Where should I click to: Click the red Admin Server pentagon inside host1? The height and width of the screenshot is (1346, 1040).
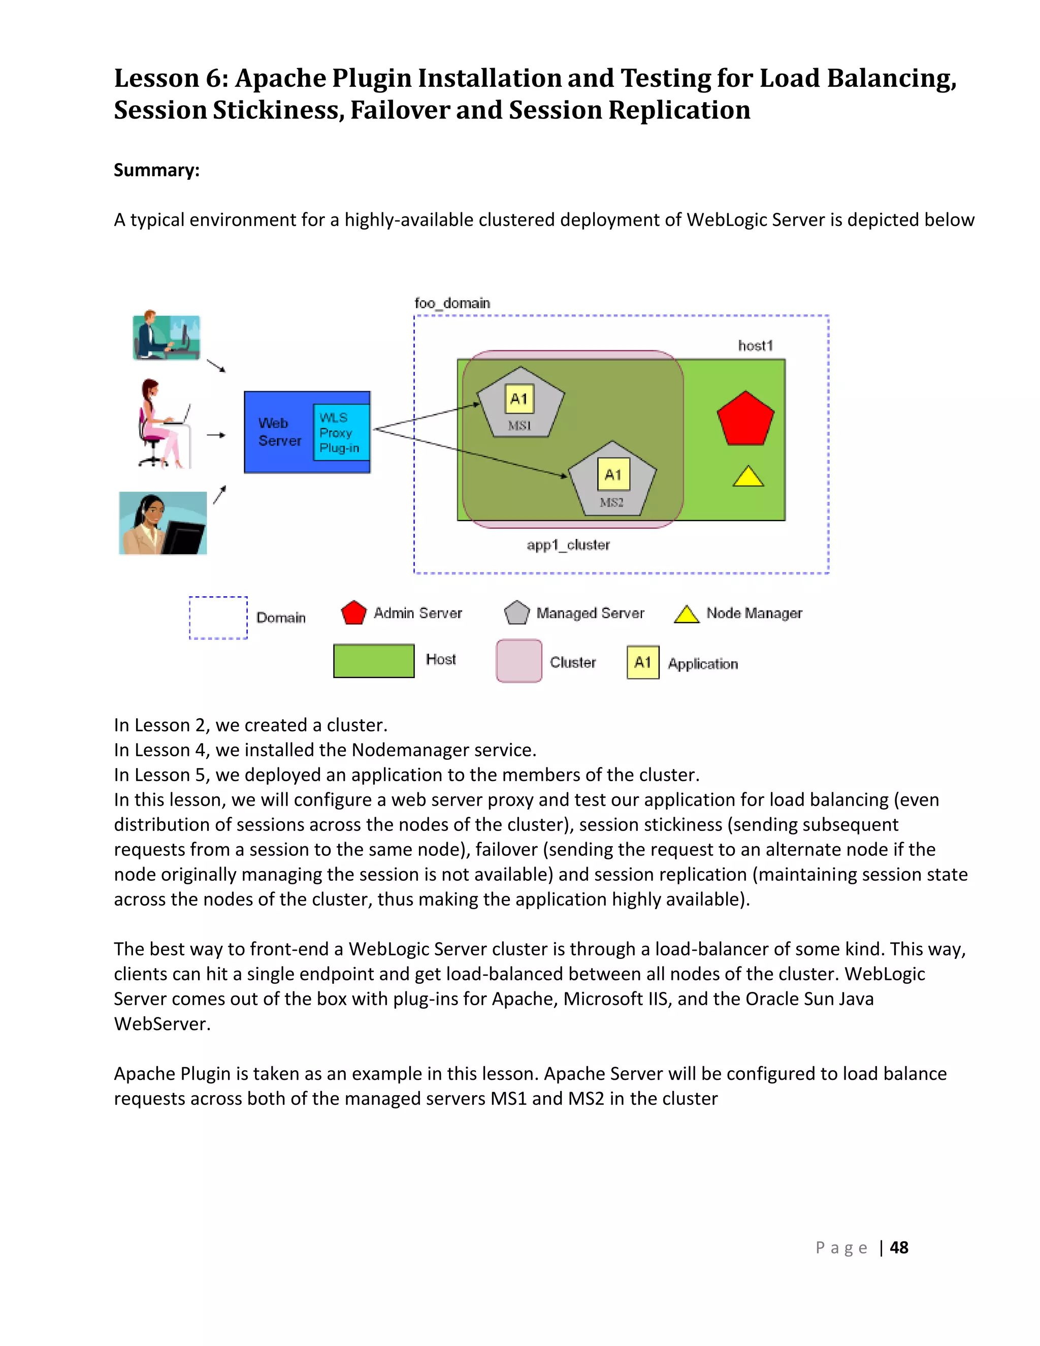click(745, 420)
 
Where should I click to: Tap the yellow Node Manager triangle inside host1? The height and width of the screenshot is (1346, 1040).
click(748, 477)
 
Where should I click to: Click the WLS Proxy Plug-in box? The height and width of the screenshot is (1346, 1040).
click(341, 432)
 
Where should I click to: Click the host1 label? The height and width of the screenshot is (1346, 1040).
click(755, 346)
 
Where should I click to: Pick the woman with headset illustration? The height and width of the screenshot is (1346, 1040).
click(162, 523)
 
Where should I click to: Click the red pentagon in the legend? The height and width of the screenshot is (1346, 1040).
click(353, 613)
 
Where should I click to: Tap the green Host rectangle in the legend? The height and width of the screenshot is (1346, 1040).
click(373, 661)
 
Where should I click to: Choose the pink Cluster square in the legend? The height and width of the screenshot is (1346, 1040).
click(519, 661)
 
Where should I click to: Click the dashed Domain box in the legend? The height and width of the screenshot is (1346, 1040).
click(218, 618)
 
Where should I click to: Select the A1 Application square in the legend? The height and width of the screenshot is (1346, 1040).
click(642, 662)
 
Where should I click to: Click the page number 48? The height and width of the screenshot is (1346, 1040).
click(899, 1247)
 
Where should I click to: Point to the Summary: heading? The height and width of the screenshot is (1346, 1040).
click(156, 170)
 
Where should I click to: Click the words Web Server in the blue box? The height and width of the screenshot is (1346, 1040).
click(279, 432)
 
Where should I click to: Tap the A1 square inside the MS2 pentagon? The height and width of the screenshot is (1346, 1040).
click(613, 474)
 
